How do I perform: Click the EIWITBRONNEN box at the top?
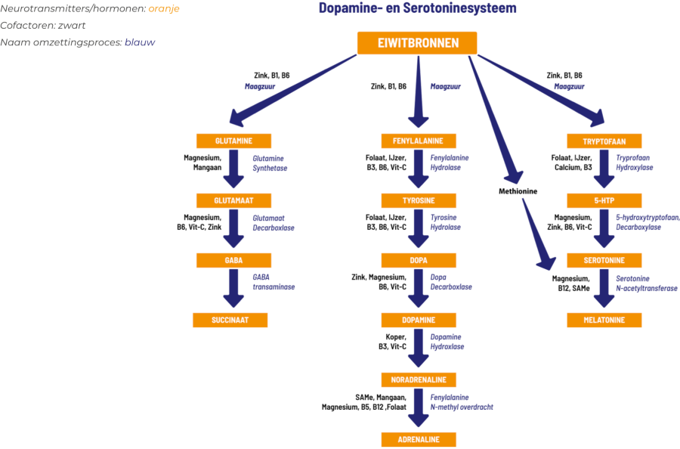click(x=417, y=43)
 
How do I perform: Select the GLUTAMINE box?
click(x=233, y=141)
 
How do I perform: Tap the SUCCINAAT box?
click(x=230, y=320)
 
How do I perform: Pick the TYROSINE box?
click(x=419, y=200)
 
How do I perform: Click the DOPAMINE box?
click(x=419, y=320)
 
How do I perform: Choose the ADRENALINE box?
click(x=419, y=439)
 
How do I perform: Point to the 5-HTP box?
click(x=604, y=200)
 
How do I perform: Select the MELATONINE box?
click(x=604, y=320)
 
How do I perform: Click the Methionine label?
click(x=518, y=191)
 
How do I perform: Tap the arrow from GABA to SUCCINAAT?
click(x=233, y=288)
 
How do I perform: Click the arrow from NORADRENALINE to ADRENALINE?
click(x=419, y=407)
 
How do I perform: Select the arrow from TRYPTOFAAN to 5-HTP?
click(x=604, y=169)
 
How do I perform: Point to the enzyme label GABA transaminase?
click(x=274, y=282)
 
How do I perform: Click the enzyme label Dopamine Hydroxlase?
click(x=447, y=342)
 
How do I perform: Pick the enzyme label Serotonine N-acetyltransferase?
click(x=647, y=283)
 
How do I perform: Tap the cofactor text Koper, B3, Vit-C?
click(x=392, y=342)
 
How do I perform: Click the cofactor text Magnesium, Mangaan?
click(x=202, y=163)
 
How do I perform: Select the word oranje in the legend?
click(x=164, y=8)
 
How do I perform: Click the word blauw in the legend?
click(x=140, y=42)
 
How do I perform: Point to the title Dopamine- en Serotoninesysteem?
click(x=418, y=8)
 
